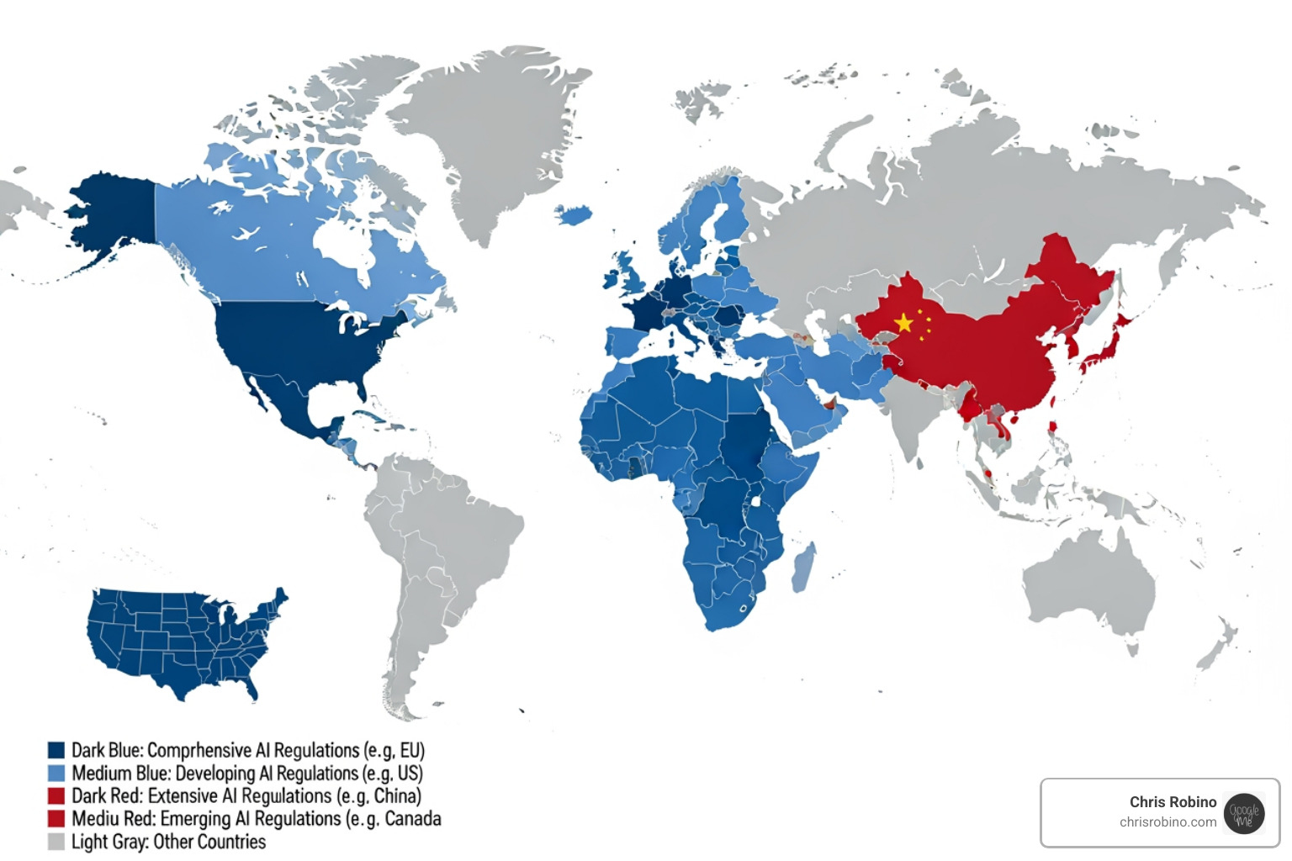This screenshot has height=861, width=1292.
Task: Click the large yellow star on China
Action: pyautogui.click(x=904, y=323)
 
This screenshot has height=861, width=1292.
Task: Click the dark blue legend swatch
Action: pyautogui.click(x=56, y=750)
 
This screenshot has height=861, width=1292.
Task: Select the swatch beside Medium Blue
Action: pyautogui.click(x=56, y=773)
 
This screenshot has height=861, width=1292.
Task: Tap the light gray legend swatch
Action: pyautogui.click(x=56, y=842)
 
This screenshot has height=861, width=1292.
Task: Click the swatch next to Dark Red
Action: pyautogui.click(x=56, y=795)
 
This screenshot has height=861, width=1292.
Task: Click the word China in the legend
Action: pyautogui.click(x=395, y=795)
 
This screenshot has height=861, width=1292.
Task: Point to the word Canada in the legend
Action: pyautogui.click(x=413, y=818)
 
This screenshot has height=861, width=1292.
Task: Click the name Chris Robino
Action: pyautogui.click(x=1173, y=801)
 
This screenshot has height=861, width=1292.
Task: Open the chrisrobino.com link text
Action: pyautogui.click(x=1168, y=822)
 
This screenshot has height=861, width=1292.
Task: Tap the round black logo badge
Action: pyautogui.click(x=1244, y=813)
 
